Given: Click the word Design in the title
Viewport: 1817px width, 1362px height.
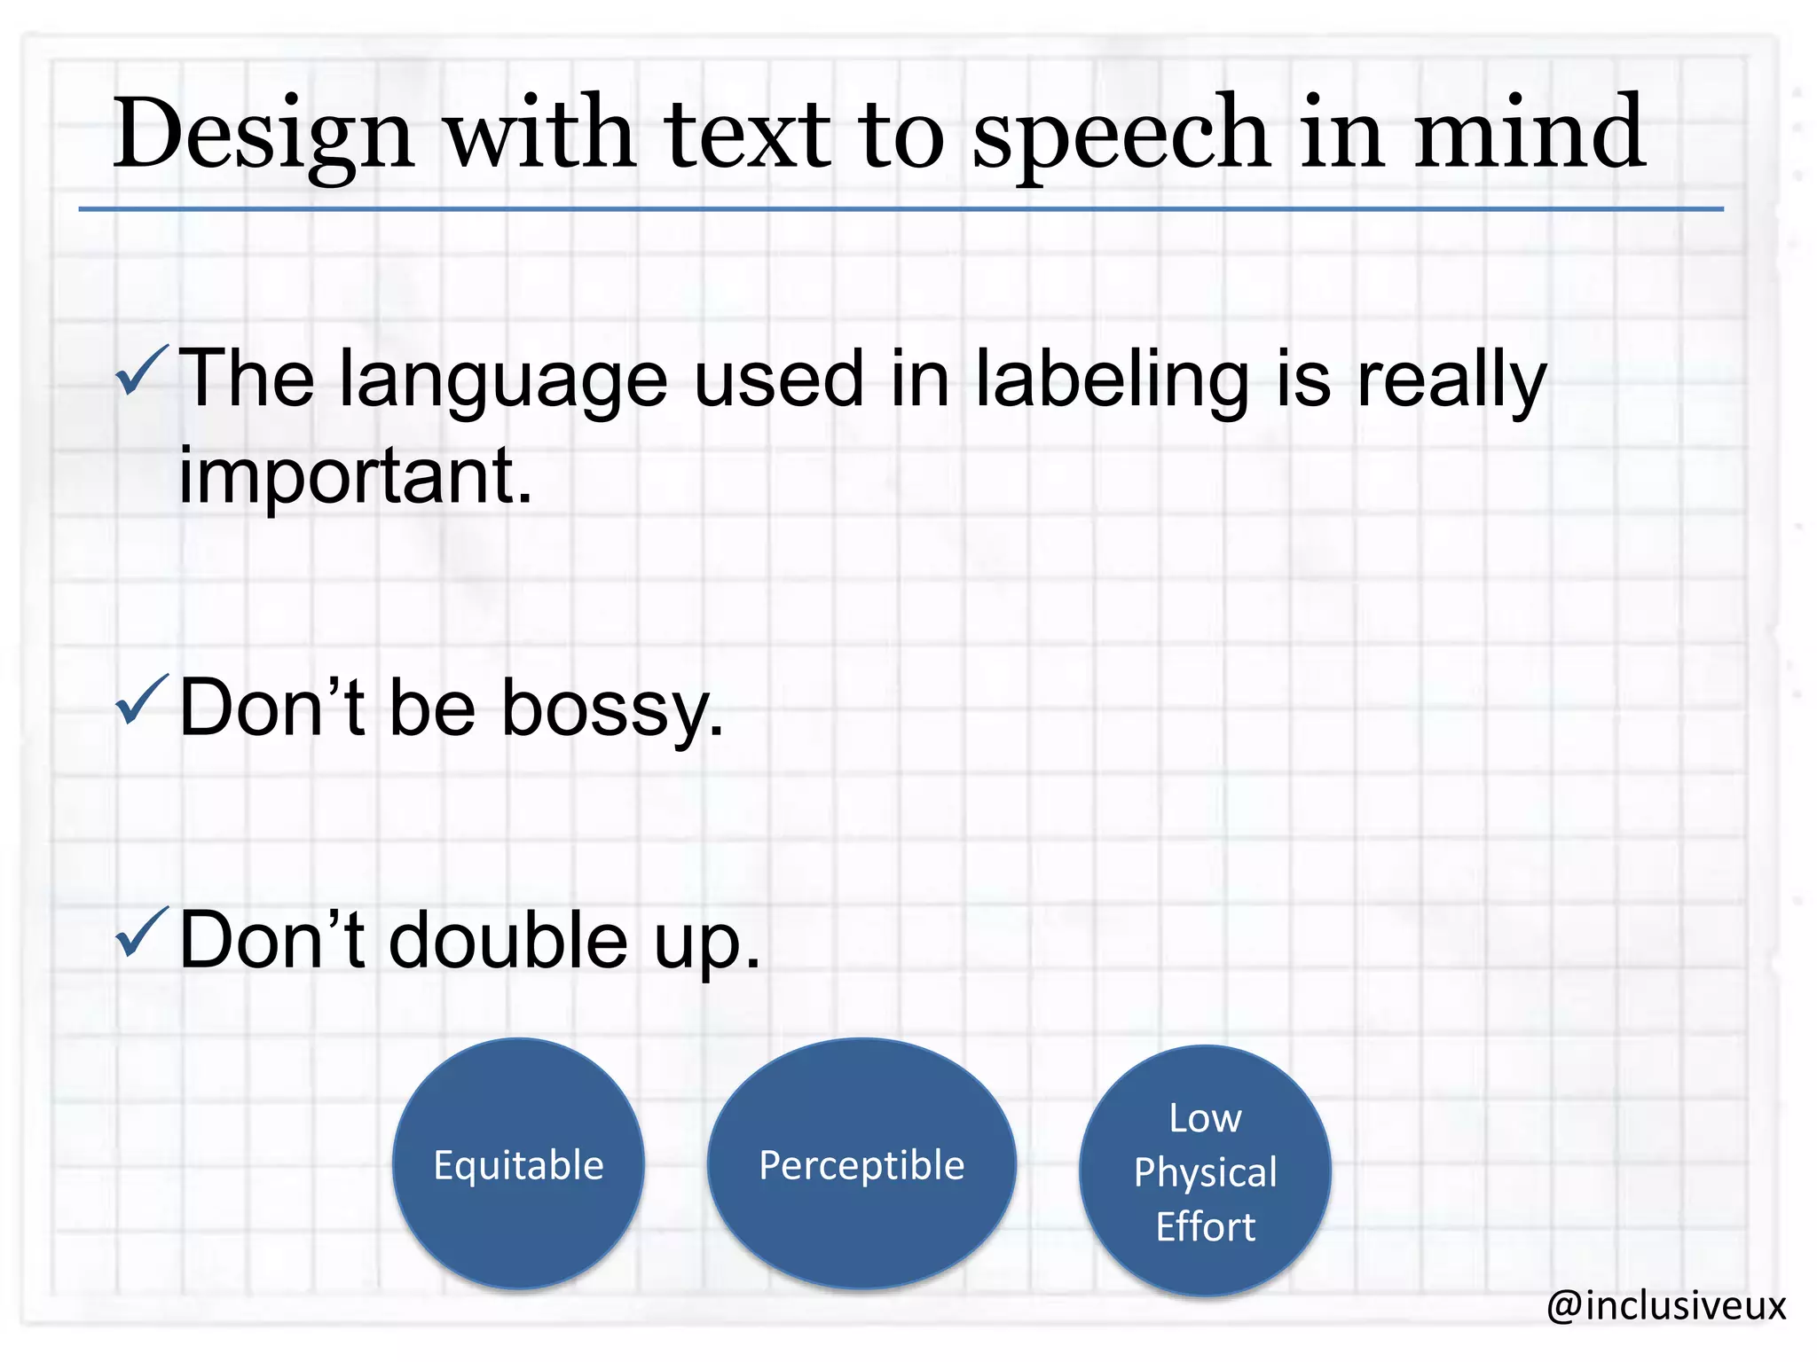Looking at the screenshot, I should coord(263,135).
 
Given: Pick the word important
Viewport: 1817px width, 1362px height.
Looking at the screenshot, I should coord(355,476).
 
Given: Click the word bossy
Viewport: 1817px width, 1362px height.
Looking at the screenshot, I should coord(612,709).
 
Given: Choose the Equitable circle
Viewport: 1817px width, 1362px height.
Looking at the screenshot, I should coord(518,1163).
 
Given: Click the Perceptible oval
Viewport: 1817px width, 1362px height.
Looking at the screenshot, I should coord(861,1163).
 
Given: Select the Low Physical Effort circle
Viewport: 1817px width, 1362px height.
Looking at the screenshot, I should coord(1205,1170).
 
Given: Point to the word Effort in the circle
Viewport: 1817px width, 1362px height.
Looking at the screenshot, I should coord(1205,1227).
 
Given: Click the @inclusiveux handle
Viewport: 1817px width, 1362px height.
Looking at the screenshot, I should coord(1665,1305).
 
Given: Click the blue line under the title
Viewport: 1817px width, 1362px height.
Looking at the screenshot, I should coord(900,209).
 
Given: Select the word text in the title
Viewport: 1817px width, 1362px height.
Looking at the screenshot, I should coord(747,135).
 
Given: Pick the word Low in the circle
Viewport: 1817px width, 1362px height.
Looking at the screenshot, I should coord(1205,1118).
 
